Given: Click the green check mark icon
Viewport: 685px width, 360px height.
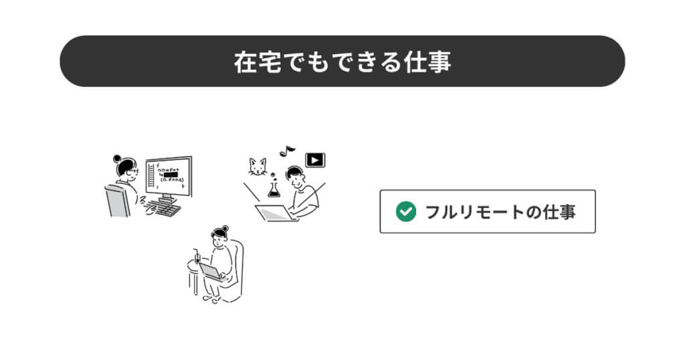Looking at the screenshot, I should click(x=405, y=211).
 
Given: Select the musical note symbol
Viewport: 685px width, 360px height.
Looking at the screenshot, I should click(x=287, y=150).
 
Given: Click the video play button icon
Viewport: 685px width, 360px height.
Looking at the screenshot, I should click(x=315, y=160).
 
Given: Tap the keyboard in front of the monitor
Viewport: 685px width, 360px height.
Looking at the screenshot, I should click(x=165, y=209).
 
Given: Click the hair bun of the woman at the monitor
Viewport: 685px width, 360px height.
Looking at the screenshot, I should click(x=118, y=159).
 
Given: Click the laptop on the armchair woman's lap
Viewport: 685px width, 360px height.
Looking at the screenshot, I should click(x=211, y=272).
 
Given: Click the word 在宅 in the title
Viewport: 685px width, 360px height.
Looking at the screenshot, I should click(x=254, y=62).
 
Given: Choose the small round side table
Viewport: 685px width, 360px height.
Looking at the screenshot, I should click(x=195, y=270).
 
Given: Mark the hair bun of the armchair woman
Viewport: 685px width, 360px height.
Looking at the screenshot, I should click(x=225, y=228).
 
